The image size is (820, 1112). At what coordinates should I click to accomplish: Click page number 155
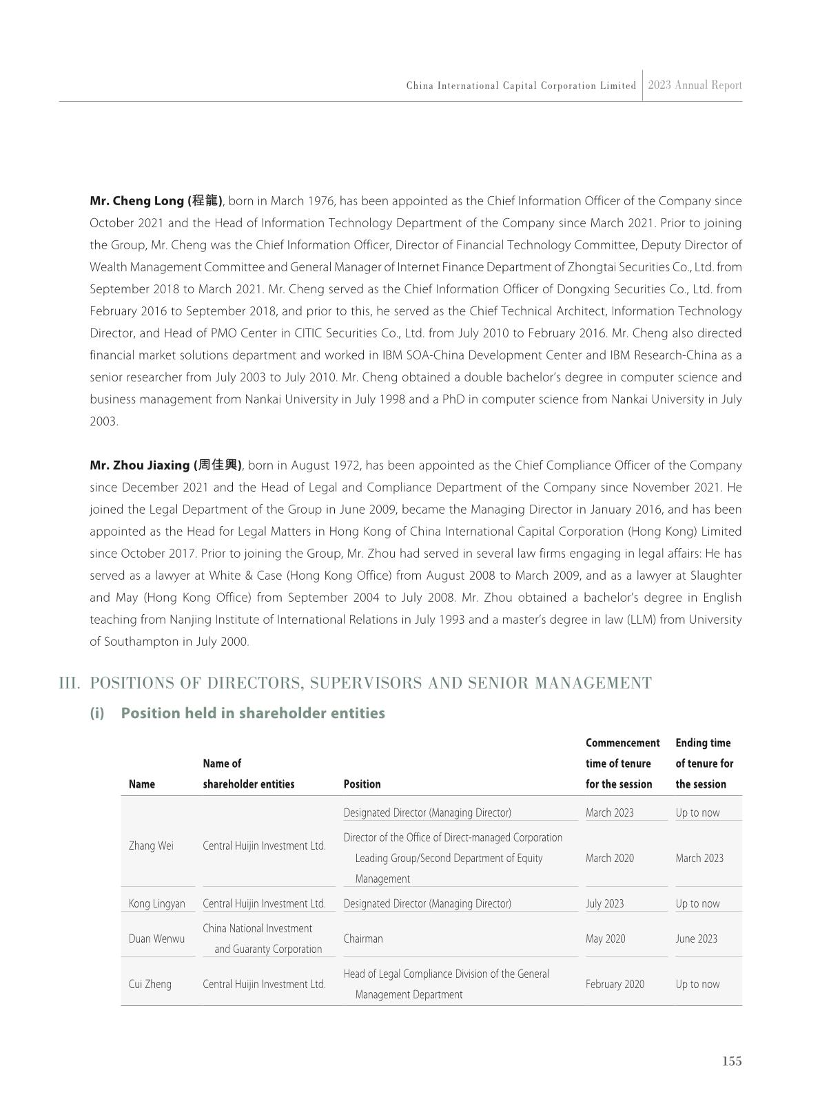point(732,1061)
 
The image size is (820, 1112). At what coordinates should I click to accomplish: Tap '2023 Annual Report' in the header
point(695,85)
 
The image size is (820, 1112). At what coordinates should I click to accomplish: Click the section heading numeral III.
point(70,683)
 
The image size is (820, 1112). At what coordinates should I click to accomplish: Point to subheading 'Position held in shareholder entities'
point(252,713)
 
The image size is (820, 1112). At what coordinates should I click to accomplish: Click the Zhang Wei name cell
point(151,846)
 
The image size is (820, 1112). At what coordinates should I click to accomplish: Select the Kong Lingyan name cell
point(157,903)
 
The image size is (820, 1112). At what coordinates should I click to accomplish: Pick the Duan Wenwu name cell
point(156,938)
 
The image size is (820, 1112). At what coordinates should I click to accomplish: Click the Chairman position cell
point(363,938)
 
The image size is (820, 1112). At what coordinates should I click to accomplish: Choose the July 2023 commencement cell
point(604,903)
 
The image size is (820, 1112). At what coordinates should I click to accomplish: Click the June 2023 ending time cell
point(696,938)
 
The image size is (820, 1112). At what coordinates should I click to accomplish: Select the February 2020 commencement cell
point(615,984)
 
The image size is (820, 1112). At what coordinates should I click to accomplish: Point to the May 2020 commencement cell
point(605,938)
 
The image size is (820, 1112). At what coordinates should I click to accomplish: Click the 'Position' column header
point(362,784)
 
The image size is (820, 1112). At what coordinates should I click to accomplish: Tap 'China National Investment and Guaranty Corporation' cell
point(263,938)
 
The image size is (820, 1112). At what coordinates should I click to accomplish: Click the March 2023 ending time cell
point(699,858)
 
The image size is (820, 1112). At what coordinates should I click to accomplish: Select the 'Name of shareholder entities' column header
point(248,774)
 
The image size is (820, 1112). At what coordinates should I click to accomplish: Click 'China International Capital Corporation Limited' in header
point(521,86)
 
